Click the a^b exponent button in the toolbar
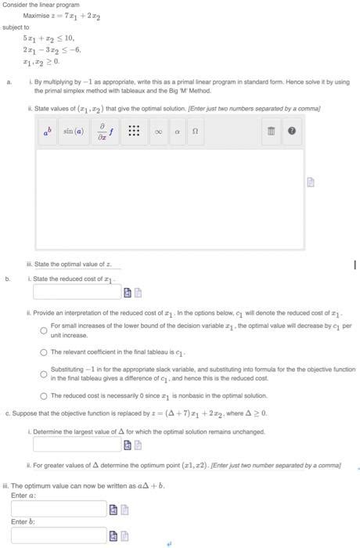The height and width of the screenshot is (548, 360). click(48, 132)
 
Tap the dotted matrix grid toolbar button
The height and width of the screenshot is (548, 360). click(134, 132)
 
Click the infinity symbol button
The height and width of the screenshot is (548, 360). click(159, 132)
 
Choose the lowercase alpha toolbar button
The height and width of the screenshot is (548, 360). click(178, 132)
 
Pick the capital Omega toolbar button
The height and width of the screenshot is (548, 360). click(196, 132)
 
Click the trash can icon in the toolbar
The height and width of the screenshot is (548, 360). click(272, 132)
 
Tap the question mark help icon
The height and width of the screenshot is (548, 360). click(291, 132)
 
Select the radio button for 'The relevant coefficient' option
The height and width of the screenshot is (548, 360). click(44, 352)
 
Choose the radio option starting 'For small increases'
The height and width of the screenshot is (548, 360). click(44, 330)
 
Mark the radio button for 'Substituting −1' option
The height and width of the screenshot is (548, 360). click(44, 373)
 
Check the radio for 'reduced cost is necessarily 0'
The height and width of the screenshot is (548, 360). click(44, 395)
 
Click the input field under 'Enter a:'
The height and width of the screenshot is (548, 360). click(58, 509)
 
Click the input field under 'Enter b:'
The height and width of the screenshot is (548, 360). click(58, 535)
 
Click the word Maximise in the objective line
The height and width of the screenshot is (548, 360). click(36, 16)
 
